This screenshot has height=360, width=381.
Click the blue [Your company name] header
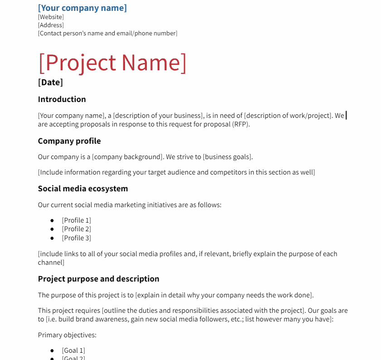point(82,8)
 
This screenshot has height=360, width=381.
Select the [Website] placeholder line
point(51,17)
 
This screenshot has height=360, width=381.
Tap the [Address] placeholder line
point(51,25)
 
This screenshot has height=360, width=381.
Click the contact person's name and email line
point(107,34)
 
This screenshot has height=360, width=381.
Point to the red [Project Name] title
point(112,63)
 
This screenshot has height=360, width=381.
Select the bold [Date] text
point(50,83)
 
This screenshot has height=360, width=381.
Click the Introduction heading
point(62,99)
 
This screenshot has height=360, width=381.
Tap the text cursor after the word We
point(346,116)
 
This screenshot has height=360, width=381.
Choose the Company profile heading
point(69,141)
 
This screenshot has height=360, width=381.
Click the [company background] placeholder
point(127,157)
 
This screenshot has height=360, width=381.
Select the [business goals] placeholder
point(227,157)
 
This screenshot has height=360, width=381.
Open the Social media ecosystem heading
point(83,189)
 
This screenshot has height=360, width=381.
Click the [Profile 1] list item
point(76,220)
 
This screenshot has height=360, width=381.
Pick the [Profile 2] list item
point(76,229)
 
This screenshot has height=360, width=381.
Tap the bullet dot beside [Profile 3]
point(52,238)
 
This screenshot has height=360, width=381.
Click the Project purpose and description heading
point(98,279)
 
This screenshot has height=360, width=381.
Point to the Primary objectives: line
point(67,336)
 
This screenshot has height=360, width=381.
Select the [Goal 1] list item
point(73,350)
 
